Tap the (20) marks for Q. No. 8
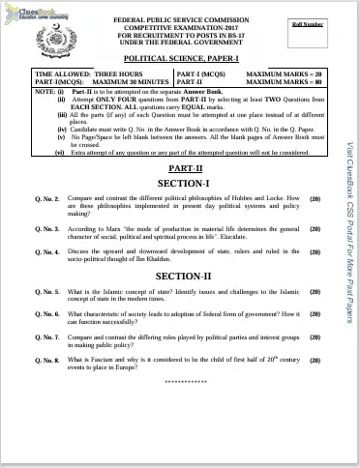(315, 360)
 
